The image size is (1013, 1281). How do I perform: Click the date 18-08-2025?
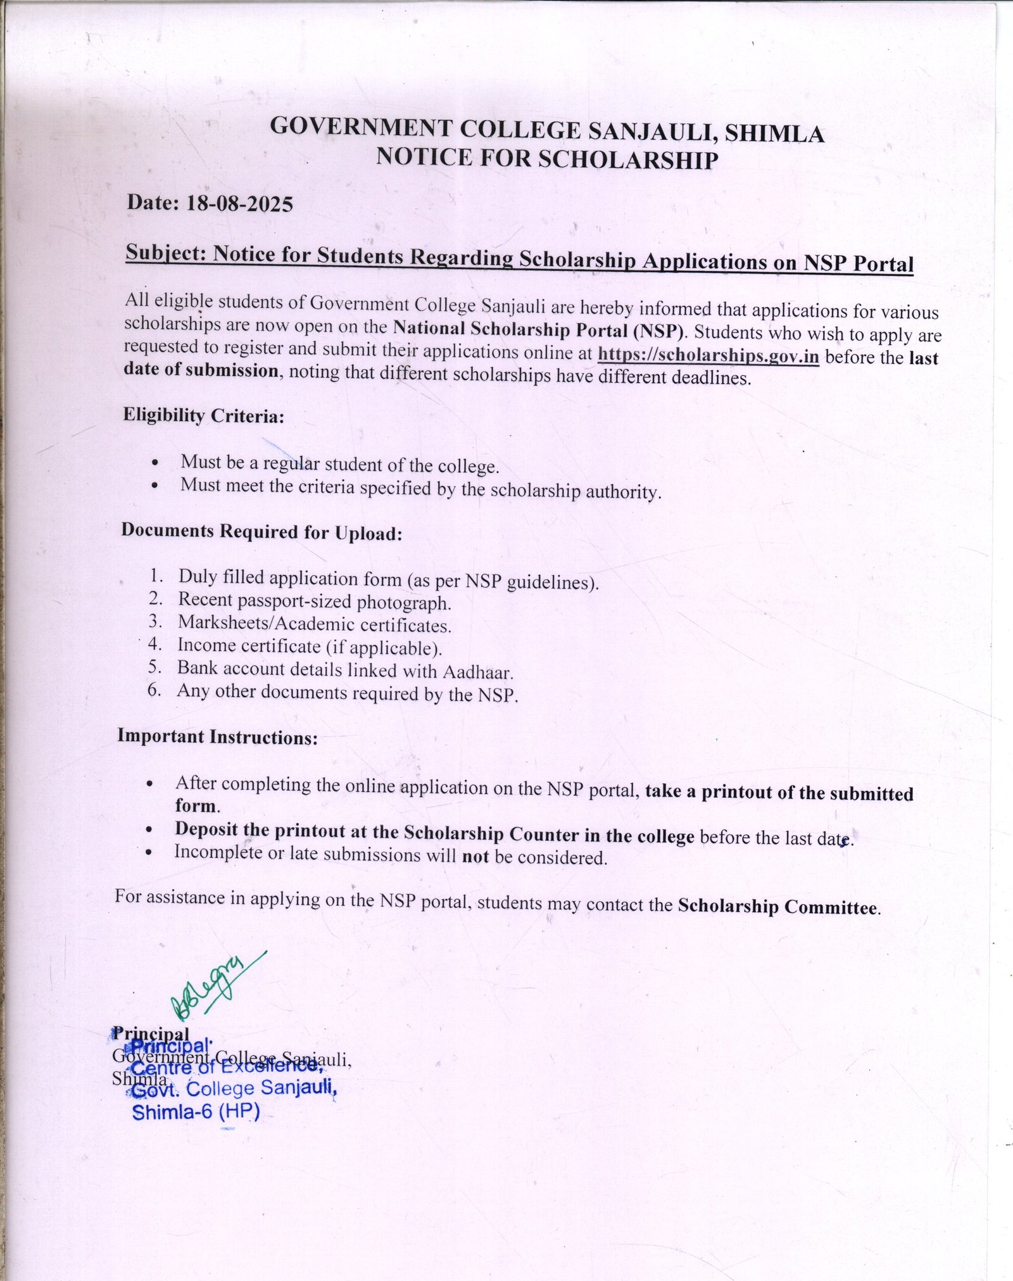(x=239, y=204)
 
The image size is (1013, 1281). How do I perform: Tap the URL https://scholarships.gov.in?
(x=708, y=355)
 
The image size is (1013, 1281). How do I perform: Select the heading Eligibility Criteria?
(x=203, y=416)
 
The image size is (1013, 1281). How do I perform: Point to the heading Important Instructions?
(x=217, y=737)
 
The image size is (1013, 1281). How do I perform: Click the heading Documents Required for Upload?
(x=261, y=532)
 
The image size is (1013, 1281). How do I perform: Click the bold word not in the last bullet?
(x=475, y=857)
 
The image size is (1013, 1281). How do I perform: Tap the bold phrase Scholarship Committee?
(x=778, y=907)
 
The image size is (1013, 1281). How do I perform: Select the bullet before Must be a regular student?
(x=156, y=464)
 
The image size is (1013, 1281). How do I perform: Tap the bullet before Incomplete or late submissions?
(x=148, y=852)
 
